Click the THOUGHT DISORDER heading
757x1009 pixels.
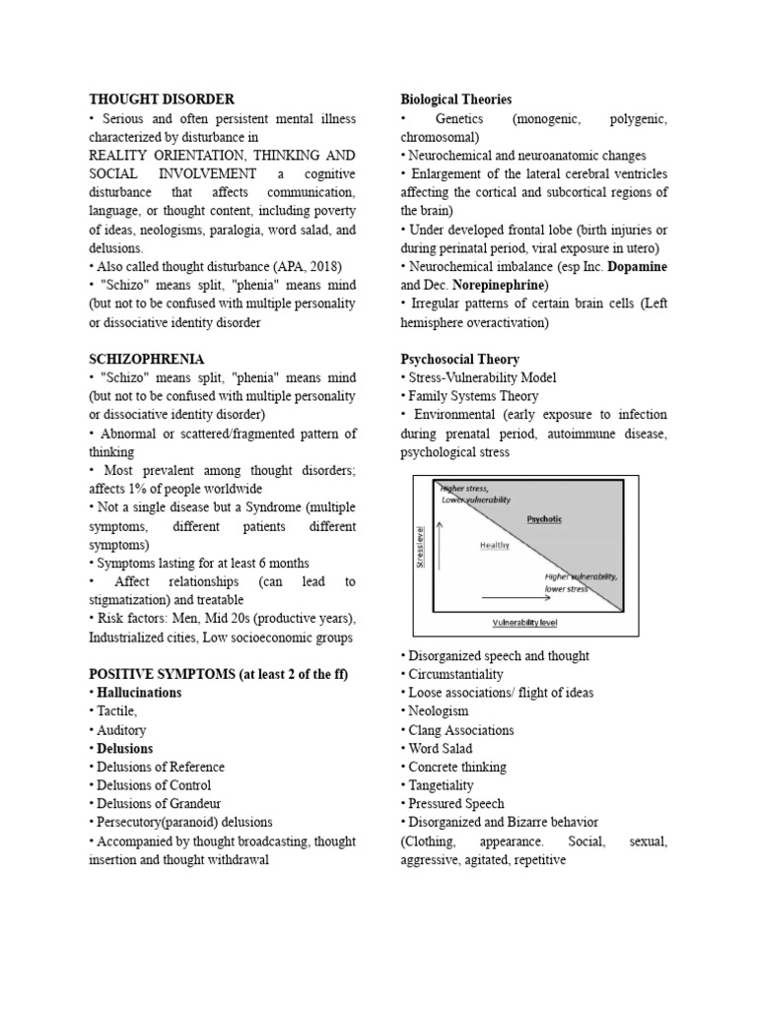click(x=162, y=100)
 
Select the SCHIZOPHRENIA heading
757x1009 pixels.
click(x=147, y=360)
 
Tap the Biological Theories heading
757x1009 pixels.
click(x=455, y=100)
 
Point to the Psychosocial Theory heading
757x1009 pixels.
click(x=459, y=360)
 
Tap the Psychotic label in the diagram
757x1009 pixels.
click(x=543, y=519)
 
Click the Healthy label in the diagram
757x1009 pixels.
click(x=494, y=545)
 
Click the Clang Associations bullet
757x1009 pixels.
click(x=461, y=730)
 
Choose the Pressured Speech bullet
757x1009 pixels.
click(x=455, y=803)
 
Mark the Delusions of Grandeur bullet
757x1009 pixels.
click(x=157, y=803)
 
